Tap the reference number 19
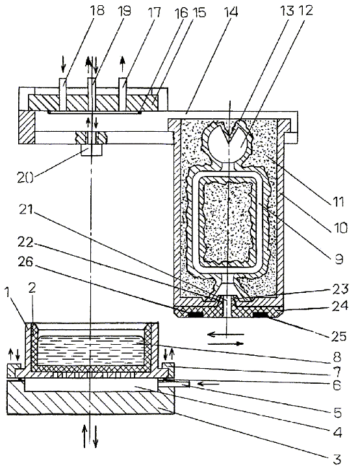click(x=124, y=11)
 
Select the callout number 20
click(x=26, y=177)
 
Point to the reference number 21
click(x=25, y=210)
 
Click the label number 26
click(x=25, y=262)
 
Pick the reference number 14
click(x=231, y=12)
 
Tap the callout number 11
click(x=338, y=201)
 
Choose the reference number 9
click(x=339, y=259)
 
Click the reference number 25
click(x=338, y=336)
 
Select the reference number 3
click(x=337, y=460)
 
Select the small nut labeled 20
click(x=91, y=149)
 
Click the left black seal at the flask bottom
click(x=196, y=315)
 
